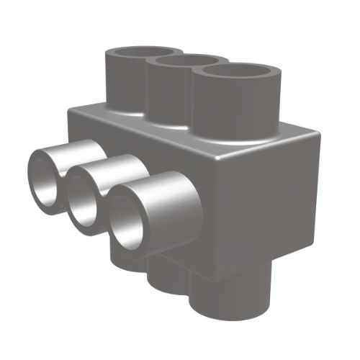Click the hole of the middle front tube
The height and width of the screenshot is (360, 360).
coord(85,195)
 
